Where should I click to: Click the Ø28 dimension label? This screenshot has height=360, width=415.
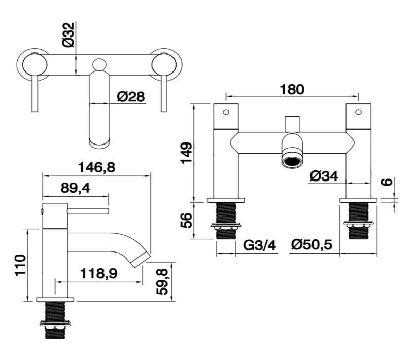tap(130, 96)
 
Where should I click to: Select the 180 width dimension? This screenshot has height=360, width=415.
tap(292, 89)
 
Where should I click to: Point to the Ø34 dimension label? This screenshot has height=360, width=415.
tap(323, 176)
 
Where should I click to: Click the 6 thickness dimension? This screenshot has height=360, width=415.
tap(388, 182)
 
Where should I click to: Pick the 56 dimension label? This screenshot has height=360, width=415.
tap(187, 220)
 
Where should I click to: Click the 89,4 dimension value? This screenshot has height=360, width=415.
tap(75, 188)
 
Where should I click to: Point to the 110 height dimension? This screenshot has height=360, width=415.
tap(20, 265)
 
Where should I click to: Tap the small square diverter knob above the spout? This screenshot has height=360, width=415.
tap(291, 123)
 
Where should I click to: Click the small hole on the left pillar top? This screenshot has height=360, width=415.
tap(226, 111)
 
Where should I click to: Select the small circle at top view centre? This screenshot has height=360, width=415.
tap(99, 64)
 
